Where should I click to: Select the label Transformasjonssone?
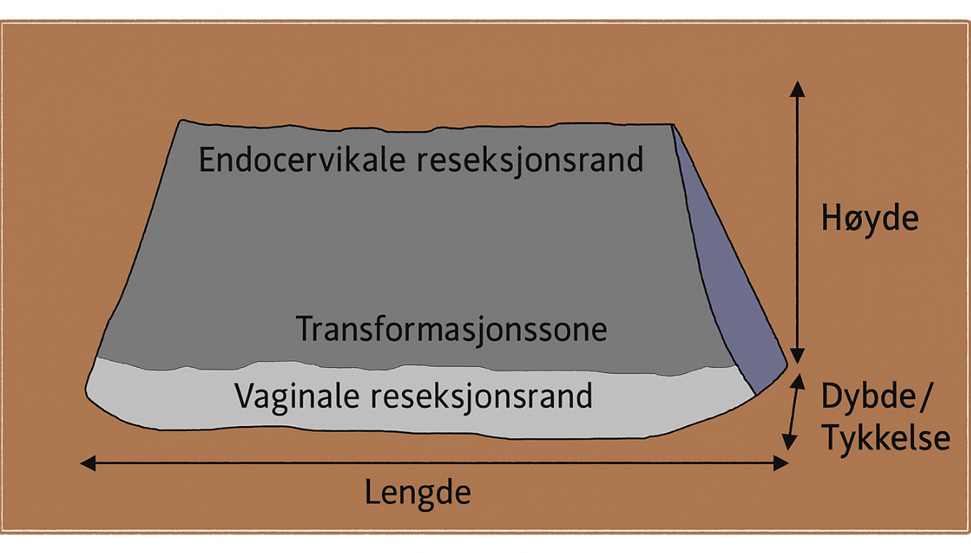click(452, 329)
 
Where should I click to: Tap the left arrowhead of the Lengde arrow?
click(87, 463)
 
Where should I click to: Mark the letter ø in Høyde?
click(849, 219)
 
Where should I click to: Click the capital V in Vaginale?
click(244, 395)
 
